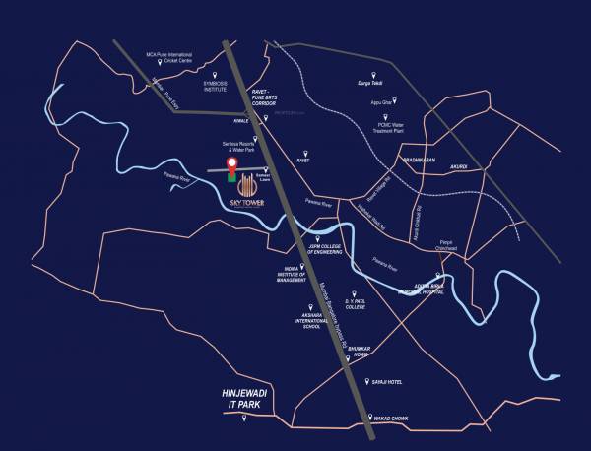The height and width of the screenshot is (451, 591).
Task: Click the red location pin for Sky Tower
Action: click(232, 164)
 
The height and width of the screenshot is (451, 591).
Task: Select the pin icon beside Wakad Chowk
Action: click(371, 418)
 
